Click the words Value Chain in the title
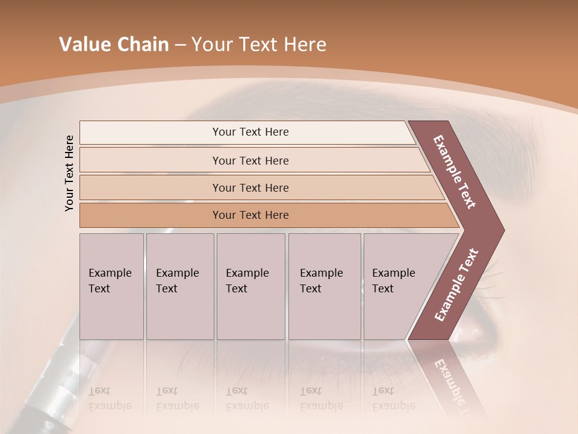[x=114, y=45]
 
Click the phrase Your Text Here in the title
[x=259, y=45]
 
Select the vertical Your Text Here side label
[x=69, y=173]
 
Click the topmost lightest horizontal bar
[x=250, y=132]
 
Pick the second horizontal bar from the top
[x=250, y=160]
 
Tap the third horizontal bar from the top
[x=250, y=187]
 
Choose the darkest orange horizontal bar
[x=250, y=215]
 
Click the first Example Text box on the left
[x=111, y=286]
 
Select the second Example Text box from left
[x=179, y=286]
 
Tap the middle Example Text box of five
[x=250, y=286]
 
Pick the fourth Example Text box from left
[x=324, y=286]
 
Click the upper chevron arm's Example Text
[x=455, y=172]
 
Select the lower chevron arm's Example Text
[x=456, y=285]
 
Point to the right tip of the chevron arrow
[x=503, y=230]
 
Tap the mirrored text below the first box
[x=110, y=398]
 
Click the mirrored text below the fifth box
[x=394, y=398]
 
